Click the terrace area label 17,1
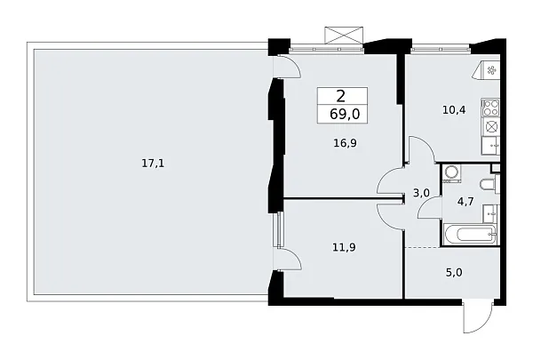[153, 164]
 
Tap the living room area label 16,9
[345, 143]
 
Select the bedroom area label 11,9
[345, 247]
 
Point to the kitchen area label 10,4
[454, 110]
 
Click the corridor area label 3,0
[421, 193]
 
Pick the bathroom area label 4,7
[465, 202]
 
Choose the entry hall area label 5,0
[454, 273]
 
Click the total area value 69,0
[345, 115]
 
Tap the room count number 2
[340, 97]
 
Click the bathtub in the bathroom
[470, 235]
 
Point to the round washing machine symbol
[452, 172]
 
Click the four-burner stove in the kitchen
[490, 108]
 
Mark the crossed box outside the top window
[344, 35]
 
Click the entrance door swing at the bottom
[479, 317]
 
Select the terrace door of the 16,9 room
[287, 68]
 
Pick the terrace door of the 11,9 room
[288, 260]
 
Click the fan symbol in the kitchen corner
[490, 70]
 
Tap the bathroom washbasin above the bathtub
[490, 213]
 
